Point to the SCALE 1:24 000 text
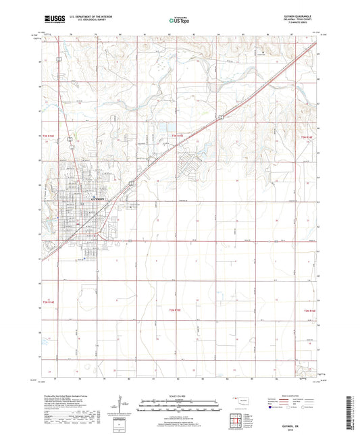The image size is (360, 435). tap(180, 396)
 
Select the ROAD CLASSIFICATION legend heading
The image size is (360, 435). tap(294, 396)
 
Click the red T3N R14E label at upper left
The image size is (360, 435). tap(49, 137)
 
